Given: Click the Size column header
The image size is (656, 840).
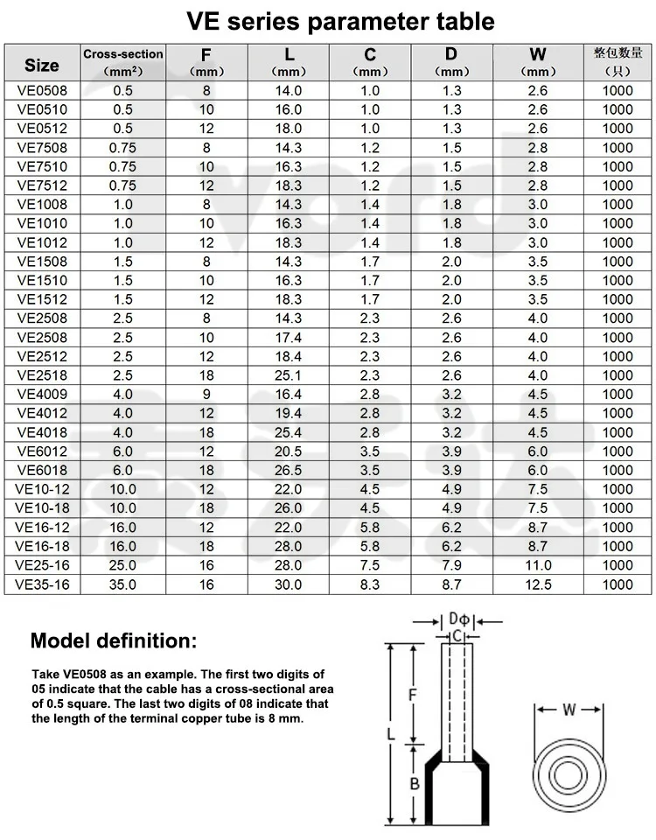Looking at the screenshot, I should pyautogui.click(x=42, y=64).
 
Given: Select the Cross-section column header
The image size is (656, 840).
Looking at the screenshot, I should pyautogui.click(x=122, y=54).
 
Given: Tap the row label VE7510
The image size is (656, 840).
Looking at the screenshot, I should pyautogui.click(x=42, y=166).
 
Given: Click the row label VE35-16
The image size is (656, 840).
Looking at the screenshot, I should pyautogui.click(x=42, y=584).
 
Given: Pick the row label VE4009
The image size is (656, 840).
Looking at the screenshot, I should pyautogui.click(x=42, y=395).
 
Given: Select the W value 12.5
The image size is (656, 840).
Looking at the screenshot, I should pyautogui.click(x=537, y=584).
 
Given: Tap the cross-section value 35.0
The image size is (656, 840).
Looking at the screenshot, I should pyautogui.click(x=122, y=584).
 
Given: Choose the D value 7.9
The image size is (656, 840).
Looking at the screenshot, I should pyautogui.click(x=451, y=565).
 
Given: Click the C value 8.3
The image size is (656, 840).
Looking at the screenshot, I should pyautogui.click(x=371, y=584).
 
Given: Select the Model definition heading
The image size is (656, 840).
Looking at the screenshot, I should pyautogui.click(x=115, y=640).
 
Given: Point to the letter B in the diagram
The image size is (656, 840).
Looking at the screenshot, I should pyautogui.click(x=415, y=784).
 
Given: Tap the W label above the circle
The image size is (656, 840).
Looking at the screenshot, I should pyautogui.click(x=569, y=710).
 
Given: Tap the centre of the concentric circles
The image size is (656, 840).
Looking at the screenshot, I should pyautogui.click(x=569, y=776).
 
